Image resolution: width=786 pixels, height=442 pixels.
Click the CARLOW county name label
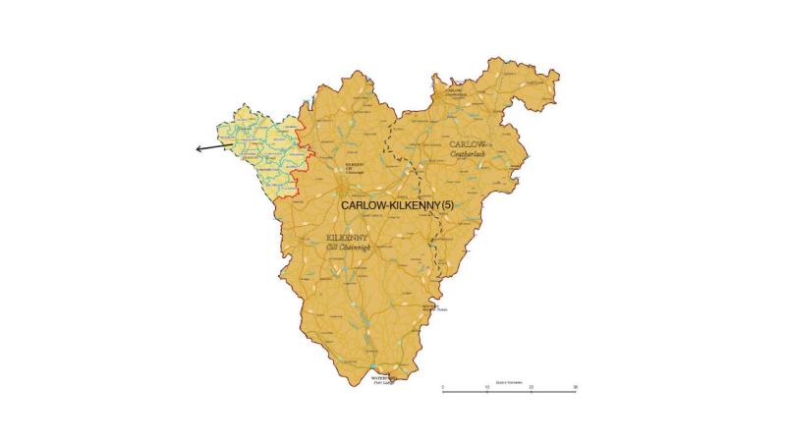tap(468, 144)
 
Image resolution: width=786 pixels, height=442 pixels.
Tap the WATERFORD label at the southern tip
tap(382, 376)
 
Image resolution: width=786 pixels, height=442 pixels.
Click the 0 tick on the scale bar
tap(442, 389)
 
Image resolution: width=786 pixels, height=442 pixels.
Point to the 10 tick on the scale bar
tap(487, 389)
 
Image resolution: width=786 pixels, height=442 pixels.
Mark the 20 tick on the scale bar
tap(532, 389)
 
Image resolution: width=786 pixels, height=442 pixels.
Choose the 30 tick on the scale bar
tap(576, 389)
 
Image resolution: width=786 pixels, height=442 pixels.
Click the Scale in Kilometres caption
tap(508, 380)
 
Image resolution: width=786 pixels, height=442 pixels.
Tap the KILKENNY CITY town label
tap(355, 166)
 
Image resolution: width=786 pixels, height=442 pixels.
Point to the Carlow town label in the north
tap(454, 90)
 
